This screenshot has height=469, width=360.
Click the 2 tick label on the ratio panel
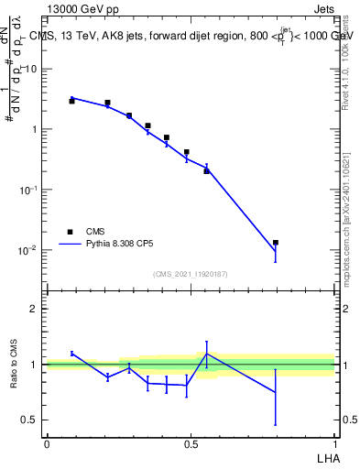(38, 309)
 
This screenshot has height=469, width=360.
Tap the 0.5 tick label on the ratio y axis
(33, 420)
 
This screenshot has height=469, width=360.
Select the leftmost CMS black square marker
(71, 101)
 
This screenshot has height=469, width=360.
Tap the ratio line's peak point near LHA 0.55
(207, 354)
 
